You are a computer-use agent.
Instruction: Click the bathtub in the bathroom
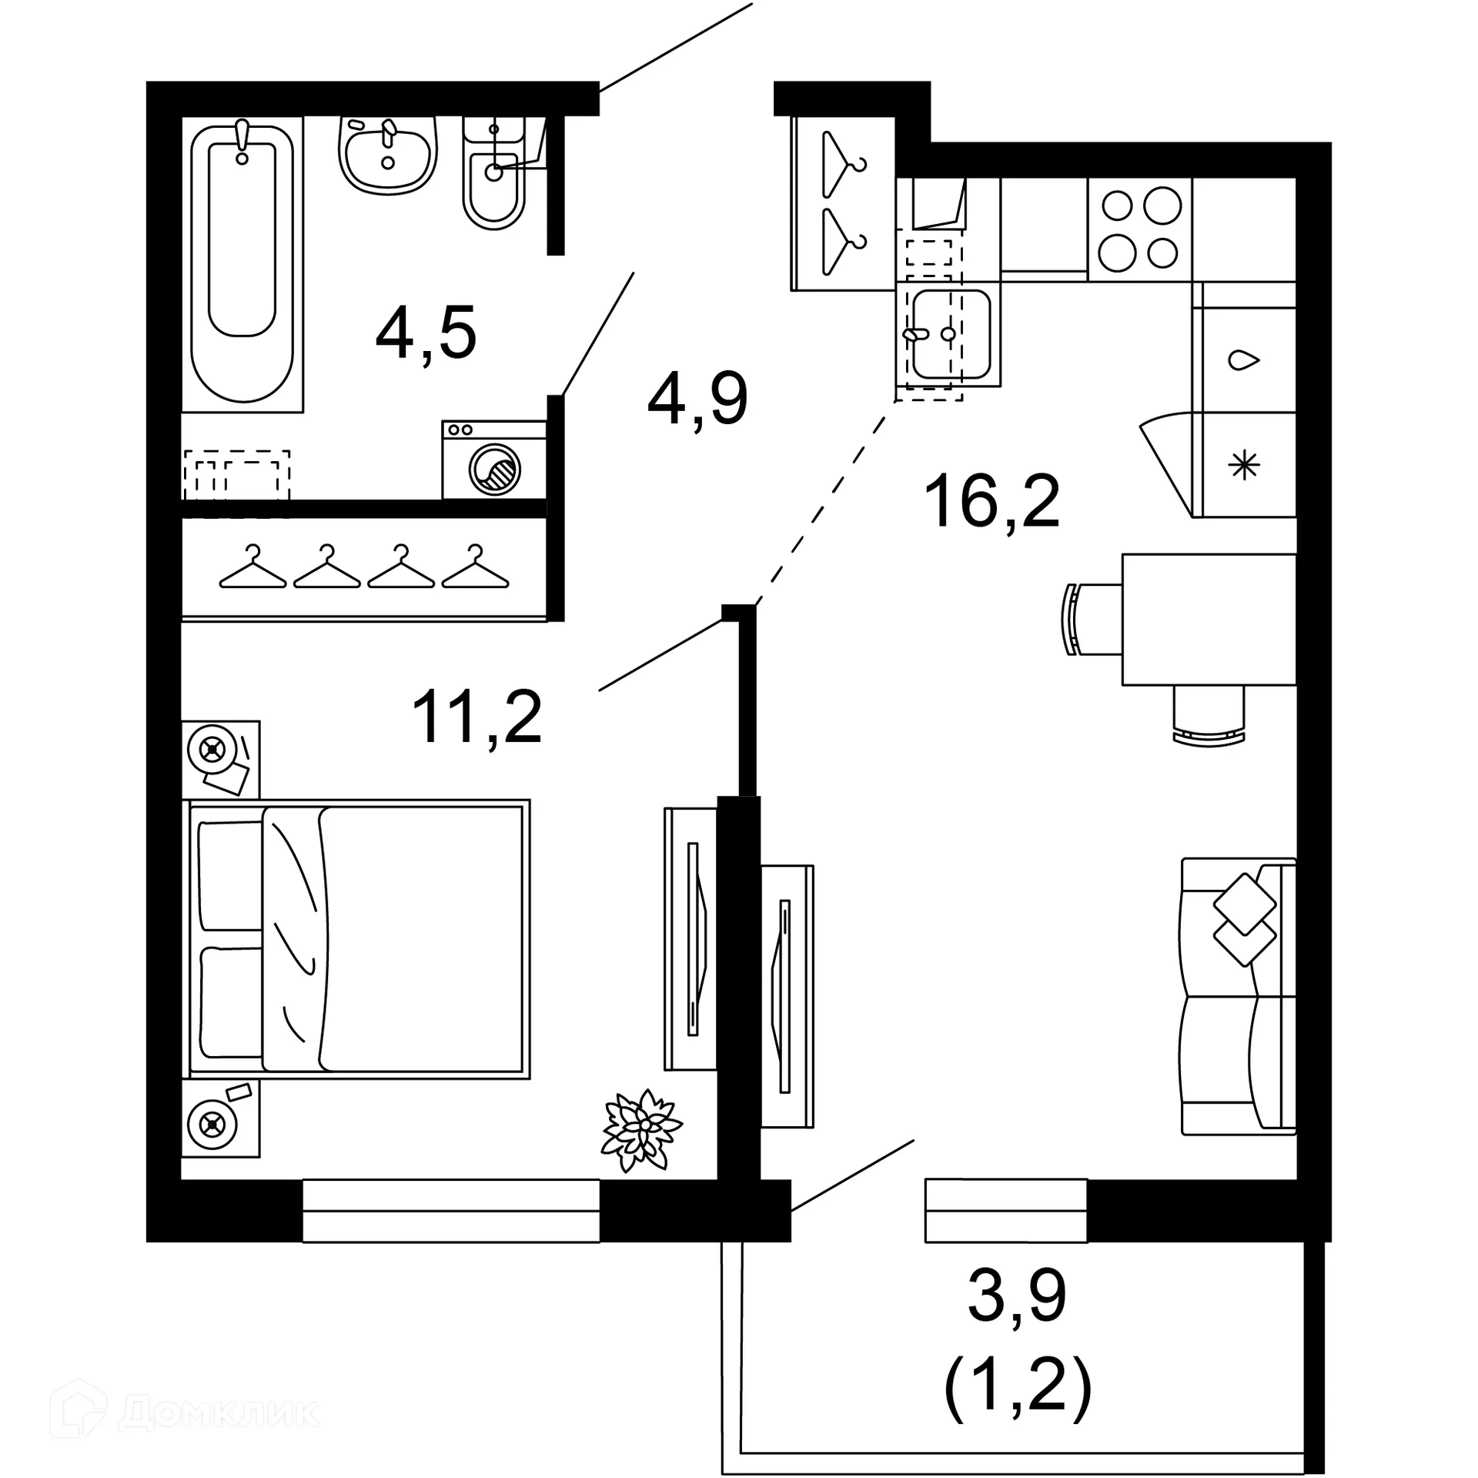click(x=242, y=262)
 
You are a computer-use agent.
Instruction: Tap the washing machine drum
click(x=495, y=469)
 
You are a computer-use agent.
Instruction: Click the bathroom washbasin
click(x=387, y=158)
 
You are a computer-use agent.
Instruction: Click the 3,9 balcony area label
click(x=1017, y=1296)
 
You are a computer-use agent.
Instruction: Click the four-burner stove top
click(x=1139, y=229)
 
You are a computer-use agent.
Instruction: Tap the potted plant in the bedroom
click(x=640, y=1129)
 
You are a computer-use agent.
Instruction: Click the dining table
click(x=1209, y=620)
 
